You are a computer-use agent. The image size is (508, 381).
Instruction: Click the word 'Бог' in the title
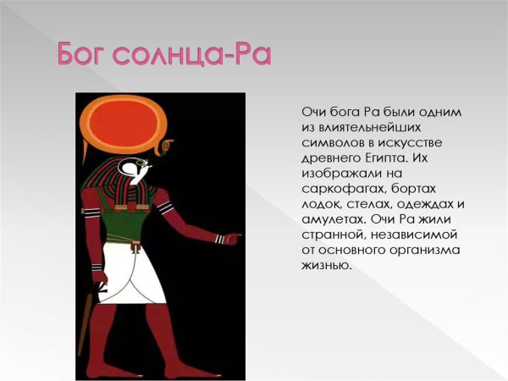coord(88,53)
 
